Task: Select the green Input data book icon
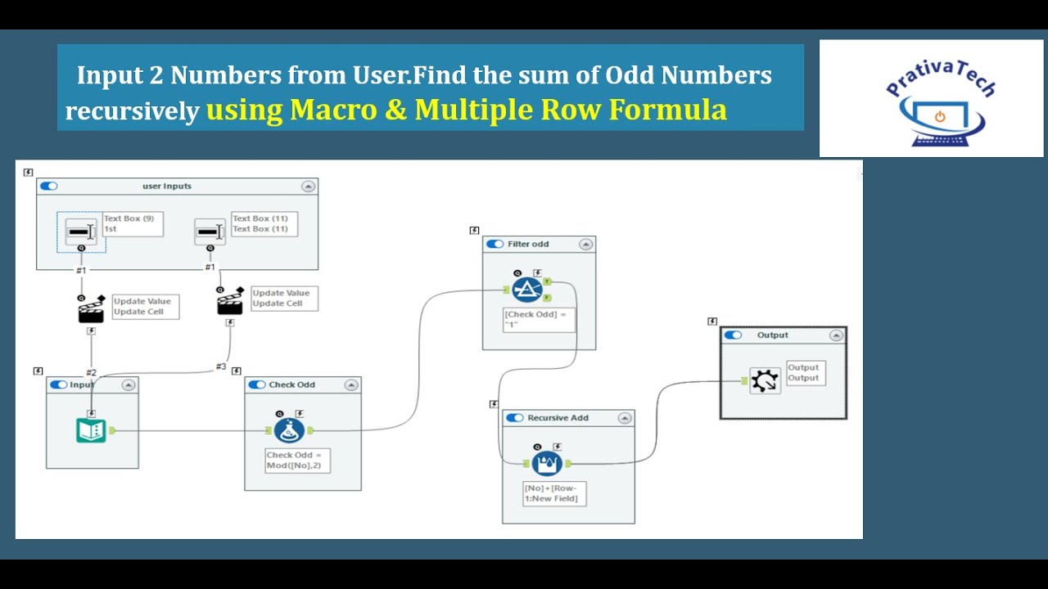(x=91, y=430)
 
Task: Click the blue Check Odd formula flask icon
(x=289, y=430)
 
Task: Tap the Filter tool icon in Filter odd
(x=527, y=290)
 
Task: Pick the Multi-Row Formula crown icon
(x=547, y=464)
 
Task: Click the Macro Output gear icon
(x=765, y=380)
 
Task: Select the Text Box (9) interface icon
(x=80, y=232)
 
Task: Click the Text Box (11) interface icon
(x=209, y=232)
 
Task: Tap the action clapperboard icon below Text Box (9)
(x=91, y=310)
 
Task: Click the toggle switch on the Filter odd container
(x=495, y=244)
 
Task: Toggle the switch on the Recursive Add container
(x=514, y=418)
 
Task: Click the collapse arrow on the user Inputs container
(x=308, y=187)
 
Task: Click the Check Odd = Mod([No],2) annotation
(x=297, y=460)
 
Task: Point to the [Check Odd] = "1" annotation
(x=539, y=319)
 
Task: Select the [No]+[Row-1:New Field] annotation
(x=554, y=493)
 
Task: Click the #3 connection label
(x=221, y=366)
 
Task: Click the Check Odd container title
(x=291, y=384)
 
